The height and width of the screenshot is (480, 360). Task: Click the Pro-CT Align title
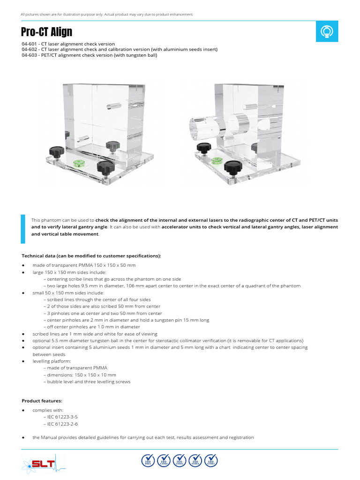[x=47, y=32]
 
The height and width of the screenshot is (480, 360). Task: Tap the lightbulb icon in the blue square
[x=326, y=31]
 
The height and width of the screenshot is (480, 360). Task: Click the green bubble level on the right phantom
[x=217, y=161]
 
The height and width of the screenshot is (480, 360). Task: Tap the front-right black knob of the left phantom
[x=105, y=166]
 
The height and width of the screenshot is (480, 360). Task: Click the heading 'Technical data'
[x=91, y=256]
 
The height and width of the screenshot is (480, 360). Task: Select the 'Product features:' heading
[x=42, y=401]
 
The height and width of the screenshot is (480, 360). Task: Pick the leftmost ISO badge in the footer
[x=149, y=461]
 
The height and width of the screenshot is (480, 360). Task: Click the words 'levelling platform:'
[x=51, y=361]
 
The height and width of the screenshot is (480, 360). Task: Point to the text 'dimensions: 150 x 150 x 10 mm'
[x=81, y=375]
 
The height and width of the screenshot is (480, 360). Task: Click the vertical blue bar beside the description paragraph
[x=23, y=229]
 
